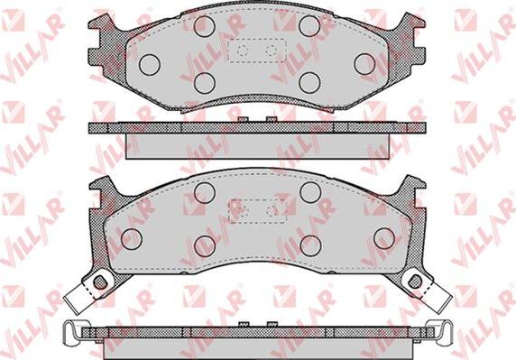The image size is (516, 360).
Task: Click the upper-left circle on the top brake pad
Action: [205, 26]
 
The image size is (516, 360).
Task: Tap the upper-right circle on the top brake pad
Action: [309, 26]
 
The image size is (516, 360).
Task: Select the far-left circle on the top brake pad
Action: [149, 63]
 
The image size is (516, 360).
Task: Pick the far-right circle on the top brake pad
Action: [364, 63]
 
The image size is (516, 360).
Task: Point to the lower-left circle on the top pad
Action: [205, 83]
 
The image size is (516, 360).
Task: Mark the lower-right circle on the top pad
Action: [309, 83]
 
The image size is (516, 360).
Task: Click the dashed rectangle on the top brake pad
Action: [256, 51]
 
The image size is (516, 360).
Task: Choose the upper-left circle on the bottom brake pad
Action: [205, 191]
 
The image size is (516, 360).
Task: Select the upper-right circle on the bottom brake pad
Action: [310, 191]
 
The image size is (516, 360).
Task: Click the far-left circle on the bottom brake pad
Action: [132, 238]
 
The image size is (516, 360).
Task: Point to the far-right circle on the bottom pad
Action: [383, 238]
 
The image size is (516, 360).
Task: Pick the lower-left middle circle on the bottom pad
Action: [205, 245]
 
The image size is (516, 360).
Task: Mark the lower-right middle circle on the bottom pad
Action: [310, 245]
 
